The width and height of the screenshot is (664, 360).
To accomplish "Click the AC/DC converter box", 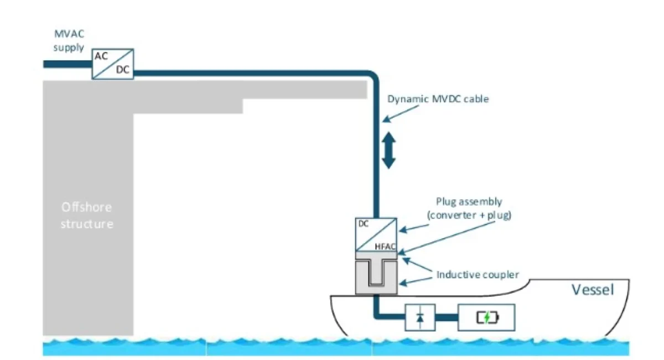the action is [113, 64].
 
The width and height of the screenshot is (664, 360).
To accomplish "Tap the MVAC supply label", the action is [69, 40].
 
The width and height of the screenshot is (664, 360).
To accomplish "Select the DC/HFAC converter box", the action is [376, 234].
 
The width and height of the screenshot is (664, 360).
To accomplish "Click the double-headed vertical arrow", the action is [388, 150].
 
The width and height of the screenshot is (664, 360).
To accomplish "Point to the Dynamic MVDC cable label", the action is [438, 99].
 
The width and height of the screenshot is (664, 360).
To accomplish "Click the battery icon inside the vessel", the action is [487, 317].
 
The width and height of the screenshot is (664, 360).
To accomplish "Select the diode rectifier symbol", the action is [420, 317].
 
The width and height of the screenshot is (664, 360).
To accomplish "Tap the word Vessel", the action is [593, 290].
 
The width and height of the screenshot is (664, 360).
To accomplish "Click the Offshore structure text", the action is [87, 216].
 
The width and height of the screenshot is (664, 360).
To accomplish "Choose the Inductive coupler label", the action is [478, 275].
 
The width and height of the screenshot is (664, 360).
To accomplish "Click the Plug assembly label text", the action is [469, 208].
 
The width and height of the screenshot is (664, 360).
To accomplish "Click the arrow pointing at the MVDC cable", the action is [400, 114].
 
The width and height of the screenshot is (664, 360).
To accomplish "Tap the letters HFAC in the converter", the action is [385, 247].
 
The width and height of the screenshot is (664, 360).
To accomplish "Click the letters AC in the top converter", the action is [101, 56].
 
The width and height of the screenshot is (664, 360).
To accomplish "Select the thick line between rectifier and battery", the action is [447, 317].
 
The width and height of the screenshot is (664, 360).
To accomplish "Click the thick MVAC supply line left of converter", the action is [68, 64].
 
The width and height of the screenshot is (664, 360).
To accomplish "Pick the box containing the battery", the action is [486, 317].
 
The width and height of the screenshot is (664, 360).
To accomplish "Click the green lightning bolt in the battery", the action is [487, 317].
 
